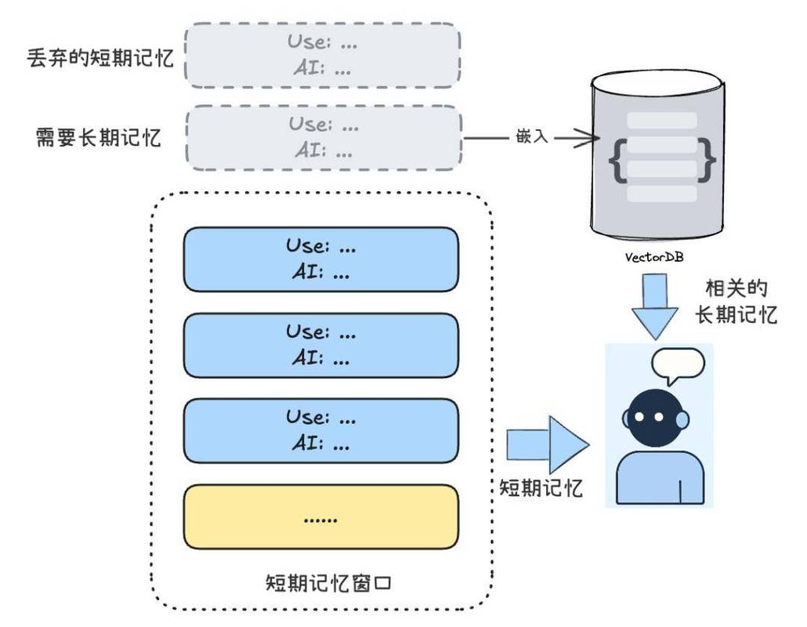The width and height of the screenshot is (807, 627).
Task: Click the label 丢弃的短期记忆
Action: click(100, 58)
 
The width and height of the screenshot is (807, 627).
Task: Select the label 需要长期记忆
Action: click(98, 137)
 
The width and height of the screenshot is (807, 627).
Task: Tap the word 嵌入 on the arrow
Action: click(532, 136)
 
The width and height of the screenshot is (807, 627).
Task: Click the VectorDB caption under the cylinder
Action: click(654, 257)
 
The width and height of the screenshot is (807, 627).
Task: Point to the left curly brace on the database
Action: click(618, 160)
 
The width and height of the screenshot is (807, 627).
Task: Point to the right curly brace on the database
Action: click(706, 160)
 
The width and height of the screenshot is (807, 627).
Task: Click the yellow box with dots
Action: click(320, 516)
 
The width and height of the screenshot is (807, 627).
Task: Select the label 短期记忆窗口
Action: click(328, 583)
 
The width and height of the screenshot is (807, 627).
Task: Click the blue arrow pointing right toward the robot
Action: click(548, 444)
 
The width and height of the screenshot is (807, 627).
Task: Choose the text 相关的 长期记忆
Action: click(736, 302)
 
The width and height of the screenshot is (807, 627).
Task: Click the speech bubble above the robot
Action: click(677, 365)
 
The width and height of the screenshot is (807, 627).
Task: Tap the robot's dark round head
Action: click(655, 418)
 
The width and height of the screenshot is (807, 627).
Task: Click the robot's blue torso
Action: click(660, 477)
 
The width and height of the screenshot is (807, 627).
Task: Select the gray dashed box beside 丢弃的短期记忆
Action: click(322, 55)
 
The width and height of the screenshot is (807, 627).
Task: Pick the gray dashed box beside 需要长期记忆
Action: click(324, 137)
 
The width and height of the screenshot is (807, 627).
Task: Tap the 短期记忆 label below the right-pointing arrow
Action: click(541, 487)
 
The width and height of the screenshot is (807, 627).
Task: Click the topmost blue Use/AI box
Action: click(320, 259)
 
